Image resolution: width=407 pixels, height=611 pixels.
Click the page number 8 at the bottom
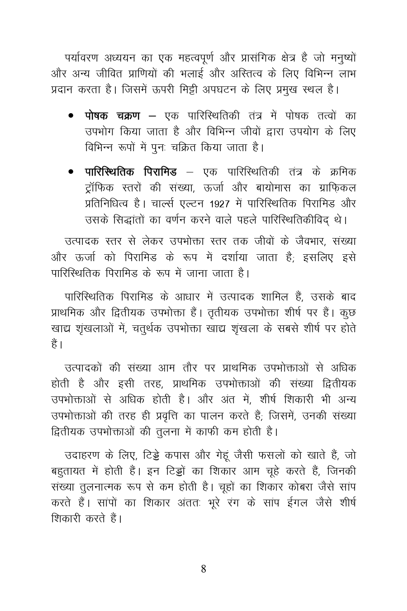click(203, 568)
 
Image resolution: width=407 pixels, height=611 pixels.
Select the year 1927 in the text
click(223, 204)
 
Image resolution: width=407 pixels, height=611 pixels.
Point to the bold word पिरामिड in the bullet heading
click(160, 172)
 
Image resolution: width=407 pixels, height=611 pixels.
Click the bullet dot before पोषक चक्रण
click(71, 116)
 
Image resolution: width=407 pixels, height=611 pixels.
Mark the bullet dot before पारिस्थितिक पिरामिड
click(71, 172)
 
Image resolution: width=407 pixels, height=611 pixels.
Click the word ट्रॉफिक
click(99, 188)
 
